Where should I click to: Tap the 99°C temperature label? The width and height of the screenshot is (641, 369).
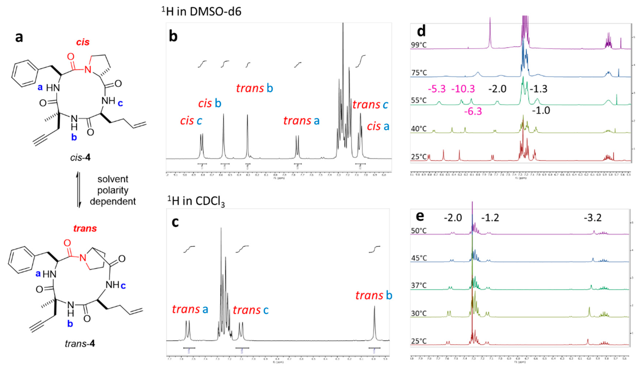[x=419, y=45]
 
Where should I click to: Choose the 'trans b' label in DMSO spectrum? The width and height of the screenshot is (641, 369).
[x=254, y=88]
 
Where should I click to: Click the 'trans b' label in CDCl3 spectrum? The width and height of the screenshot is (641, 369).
[x=374, y=296]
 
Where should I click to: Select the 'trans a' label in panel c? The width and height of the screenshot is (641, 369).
[x=190, y=309]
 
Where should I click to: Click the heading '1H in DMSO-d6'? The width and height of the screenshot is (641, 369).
[x=201, y=12]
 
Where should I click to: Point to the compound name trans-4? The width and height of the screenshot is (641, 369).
[x=80, y=344]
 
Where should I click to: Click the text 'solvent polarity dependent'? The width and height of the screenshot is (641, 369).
[x=113, y=190]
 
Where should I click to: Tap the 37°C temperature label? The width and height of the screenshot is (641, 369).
[x=419, y=286]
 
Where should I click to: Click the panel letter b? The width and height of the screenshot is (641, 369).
[x=173, y=36]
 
